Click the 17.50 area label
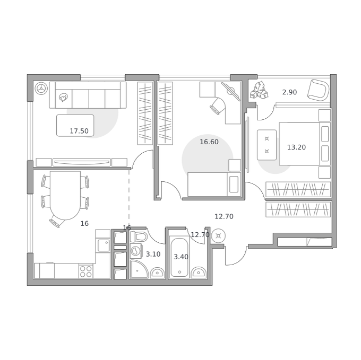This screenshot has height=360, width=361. [x=79, y=131]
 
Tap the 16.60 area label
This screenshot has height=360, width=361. [x=209, y=142]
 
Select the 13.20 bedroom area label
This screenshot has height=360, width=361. [x=296, y=147]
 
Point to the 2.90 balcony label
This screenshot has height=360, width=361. [x=289, y=92]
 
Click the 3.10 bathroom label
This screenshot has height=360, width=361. [x=153, y=254]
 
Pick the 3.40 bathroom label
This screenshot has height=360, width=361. [x=180, y=257]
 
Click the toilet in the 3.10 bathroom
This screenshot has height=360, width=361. [x=139, y=236]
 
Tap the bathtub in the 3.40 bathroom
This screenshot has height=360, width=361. [x=179, y=257]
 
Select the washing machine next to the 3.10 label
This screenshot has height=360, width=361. [x=136, y=251]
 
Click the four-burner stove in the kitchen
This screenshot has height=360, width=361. [x=86, y=271]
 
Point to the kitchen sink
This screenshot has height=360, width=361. [x=104, y=245]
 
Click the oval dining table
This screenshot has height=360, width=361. [x=65, y=196]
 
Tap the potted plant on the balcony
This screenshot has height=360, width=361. [x=259, y=90]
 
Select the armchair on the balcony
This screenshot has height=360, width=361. [x=318, y=90]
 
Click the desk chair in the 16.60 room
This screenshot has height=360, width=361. [x=217, y=106]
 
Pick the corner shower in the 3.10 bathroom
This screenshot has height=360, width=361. [x=139, y=269]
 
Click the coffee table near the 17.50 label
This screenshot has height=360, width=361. [x=75, y=125]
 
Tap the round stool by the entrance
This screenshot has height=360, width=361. [x=218, y=236]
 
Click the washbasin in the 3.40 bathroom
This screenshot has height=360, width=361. [x=199, y=273]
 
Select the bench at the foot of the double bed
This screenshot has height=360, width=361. [x=267, y=145]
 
